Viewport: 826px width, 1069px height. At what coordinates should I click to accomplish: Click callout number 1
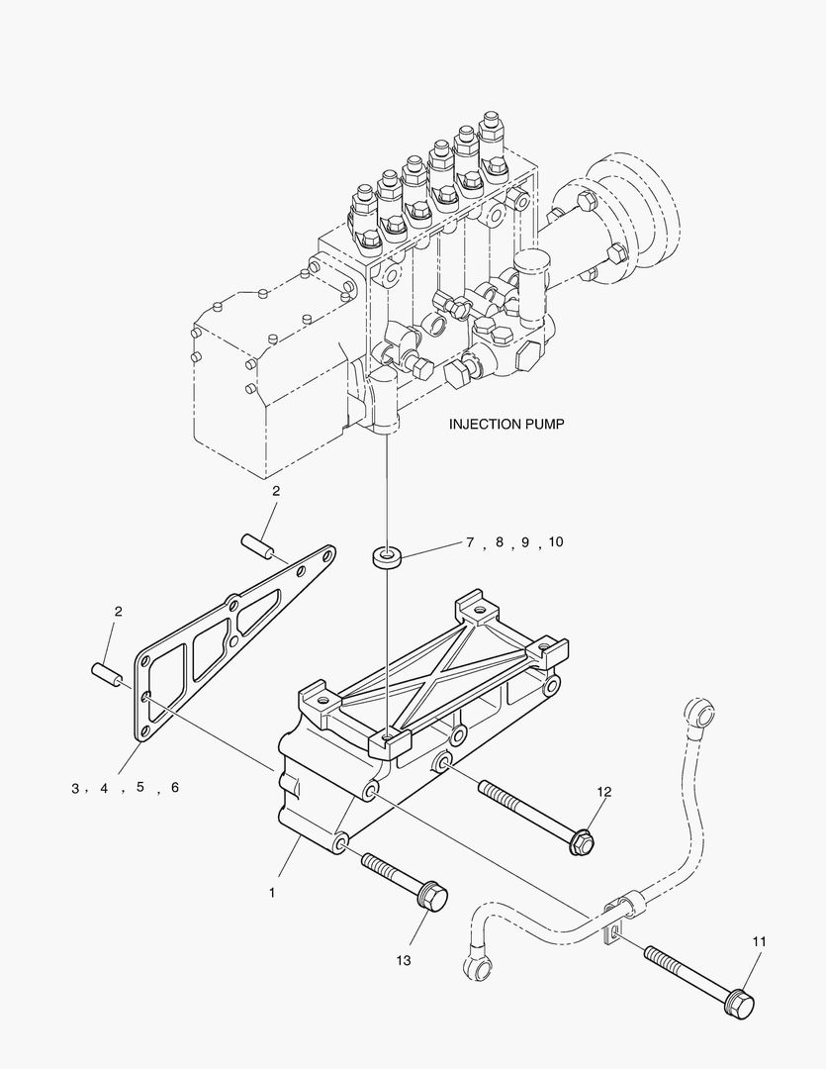(271, 892)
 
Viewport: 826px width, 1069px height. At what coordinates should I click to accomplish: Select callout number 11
(759, 941)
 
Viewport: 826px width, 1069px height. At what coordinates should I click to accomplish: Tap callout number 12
(604, 791)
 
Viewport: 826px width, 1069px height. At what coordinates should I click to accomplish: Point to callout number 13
(404, 960)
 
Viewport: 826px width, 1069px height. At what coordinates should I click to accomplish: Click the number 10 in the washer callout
(554, 542)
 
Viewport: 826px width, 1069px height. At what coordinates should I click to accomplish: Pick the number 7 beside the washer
(471, 542)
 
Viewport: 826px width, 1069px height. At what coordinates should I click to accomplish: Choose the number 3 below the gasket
(74, 789)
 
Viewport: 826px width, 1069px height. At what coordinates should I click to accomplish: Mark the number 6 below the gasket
(175, 788)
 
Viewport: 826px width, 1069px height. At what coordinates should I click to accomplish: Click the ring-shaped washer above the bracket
(387, 557)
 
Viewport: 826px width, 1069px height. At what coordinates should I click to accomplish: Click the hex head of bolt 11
(738, 1004)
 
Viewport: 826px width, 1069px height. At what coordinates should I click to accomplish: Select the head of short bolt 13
(432, 897)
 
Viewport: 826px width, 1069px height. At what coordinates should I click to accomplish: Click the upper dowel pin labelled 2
(255, 543)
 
